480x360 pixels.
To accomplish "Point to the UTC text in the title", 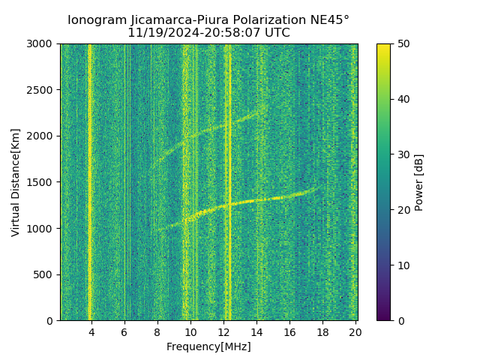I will [x=276, y=33].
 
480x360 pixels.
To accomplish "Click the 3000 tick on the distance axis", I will [x=41, y=44].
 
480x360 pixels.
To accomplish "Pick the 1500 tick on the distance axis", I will [x=41, y=182].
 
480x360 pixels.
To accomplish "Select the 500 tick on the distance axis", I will [x=44, y=274].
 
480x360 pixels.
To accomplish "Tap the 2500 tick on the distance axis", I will [x=41, y=90].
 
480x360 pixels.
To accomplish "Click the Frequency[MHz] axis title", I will [x=208, y=346].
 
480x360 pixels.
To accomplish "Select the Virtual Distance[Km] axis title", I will [x=16, y=182].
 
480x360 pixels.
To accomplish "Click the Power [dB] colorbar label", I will [x=419, y=182].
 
